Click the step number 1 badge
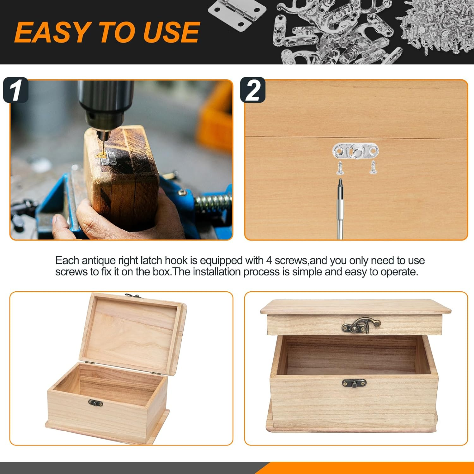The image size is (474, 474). (16, 90)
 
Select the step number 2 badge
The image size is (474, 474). (252, 90)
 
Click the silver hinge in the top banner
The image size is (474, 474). (237, 13)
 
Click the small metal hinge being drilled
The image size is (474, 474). (108, 158)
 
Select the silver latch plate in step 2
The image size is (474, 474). (355, 151)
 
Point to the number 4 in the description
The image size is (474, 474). (269, 261)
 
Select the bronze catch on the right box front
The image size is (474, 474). (354, 383)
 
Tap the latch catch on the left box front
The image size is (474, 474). (95, 403)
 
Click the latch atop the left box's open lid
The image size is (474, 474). (134, 296)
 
